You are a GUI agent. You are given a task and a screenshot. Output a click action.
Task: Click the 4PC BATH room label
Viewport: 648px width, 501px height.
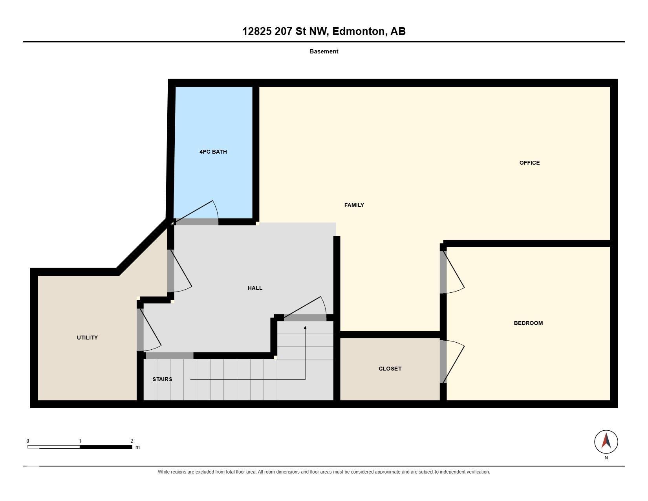pos(213,152)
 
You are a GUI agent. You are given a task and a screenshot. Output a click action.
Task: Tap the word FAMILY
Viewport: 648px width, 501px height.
pos(354,205)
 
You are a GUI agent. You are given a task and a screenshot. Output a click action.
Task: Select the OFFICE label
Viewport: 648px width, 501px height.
pos(529,163)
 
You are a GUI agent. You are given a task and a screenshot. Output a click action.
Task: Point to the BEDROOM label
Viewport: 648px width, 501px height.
pos(528,323)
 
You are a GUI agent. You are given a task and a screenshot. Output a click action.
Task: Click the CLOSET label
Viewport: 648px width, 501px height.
pos(390,369)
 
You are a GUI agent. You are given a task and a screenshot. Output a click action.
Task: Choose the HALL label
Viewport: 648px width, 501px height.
pos(255,288)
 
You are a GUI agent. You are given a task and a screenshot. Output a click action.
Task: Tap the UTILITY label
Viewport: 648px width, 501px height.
pos(87,338)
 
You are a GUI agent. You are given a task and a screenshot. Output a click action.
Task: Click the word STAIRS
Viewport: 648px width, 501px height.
pos(162,380)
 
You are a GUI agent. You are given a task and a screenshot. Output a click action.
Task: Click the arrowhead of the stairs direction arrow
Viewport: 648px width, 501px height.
pos(305,328)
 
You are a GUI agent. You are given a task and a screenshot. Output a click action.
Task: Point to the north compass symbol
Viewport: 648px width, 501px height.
pos(606,442)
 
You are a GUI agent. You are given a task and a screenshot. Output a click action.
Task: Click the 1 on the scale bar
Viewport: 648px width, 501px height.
pos(80,441)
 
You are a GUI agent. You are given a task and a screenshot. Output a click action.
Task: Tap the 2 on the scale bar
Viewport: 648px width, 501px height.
pos(132,441)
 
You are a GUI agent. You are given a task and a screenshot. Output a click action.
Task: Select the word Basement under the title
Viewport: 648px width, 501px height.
pos(324,51)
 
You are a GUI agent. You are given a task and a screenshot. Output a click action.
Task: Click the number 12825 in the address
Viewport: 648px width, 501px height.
pos(257,31)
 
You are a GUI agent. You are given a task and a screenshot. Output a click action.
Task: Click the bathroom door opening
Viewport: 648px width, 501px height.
pos(197,222)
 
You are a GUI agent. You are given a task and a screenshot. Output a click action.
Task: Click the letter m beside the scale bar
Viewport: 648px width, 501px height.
pos(137,447)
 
